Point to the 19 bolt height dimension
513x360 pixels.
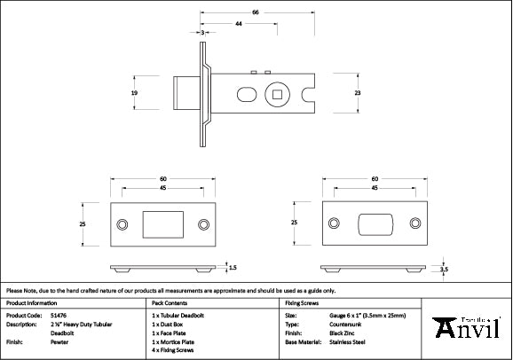(135, 93)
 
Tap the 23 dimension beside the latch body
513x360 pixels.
(358, 93)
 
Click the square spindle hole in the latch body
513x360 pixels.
(279, 93)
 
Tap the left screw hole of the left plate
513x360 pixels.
(123, 225)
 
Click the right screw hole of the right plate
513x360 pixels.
(414, 225)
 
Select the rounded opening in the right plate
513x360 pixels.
(375, 225)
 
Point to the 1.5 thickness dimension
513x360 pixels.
(233, 266)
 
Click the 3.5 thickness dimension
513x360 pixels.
(444, 269)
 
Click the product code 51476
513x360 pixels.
(59, 315)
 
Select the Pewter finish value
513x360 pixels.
(60, 340)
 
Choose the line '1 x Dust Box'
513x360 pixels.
(172, 324)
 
